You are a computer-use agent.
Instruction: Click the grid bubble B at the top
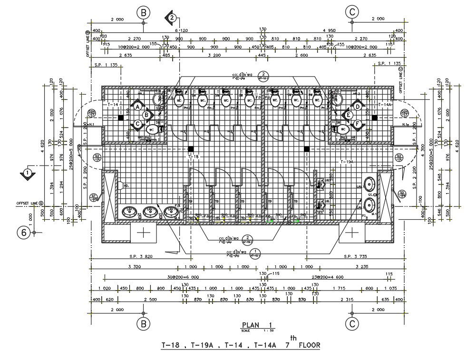pyautogui.click(x=144, y=12)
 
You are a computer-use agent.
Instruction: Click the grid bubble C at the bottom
pyautogui.click(x=351, y=324)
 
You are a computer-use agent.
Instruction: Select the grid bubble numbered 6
pyautogui.click(x=24, y=233)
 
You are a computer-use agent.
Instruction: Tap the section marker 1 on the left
pyautogui.click(x=28, y=172)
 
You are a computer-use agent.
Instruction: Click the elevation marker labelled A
pyautogui.click(x=137, y=107)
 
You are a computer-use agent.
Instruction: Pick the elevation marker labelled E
pyautogui.click(x=348, y=115)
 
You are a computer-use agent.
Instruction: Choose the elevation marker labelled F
pyautogui.click(x=356, y=124)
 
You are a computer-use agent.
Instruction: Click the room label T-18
pyautogui.click(x=193, y=156)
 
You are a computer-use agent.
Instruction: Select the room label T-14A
pyautogui.click(x=384, y=104)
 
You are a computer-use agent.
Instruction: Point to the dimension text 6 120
pyautogui.click(x=181, y=30)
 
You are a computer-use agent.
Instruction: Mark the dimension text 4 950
pyautogui.click(x=329, y=30)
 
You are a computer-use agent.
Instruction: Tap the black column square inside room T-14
pyautogui.click(x=121, y=117)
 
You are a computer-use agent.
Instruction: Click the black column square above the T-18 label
pyautogui.click(x=191, y=149)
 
